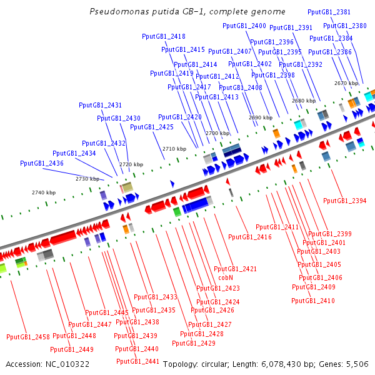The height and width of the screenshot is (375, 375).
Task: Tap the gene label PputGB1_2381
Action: coord(329,12)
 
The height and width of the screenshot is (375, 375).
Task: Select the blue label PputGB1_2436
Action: coord(42,163)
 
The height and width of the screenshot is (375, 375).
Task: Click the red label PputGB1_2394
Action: coord(344,201)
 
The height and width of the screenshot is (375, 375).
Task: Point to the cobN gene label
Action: coord(226,277)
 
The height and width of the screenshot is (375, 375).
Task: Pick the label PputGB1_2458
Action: coord(28,337)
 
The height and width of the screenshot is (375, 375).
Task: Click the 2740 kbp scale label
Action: coord(44,192)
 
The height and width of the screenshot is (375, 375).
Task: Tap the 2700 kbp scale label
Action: coord(217,133)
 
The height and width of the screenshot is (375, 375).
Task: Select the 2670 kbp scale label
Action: coord(346,83)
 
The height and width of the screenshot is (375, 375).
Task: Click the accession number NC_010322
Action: coord(67,364)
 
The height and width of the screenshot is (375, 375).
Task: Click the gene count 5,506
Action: coord(357,364)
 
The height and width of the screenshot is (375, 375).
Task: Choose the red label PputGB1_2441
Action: coord(137,361)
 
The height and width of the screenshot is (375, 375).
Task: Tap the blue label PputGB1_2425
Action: coord(152,127)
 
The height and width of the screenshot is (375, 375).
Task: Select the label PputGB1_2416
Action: coord(250,237)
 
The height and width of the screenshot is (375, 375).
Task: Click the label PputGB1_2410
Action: coord(313,301)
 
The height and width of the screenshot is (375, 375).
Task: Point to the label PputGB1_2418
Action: coord(164,36)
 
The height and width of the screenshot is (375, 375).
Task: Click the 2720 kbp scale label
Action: coord(131,164)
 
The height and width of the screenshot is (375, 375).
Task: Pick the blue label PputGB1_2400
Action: coord(244,26)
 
